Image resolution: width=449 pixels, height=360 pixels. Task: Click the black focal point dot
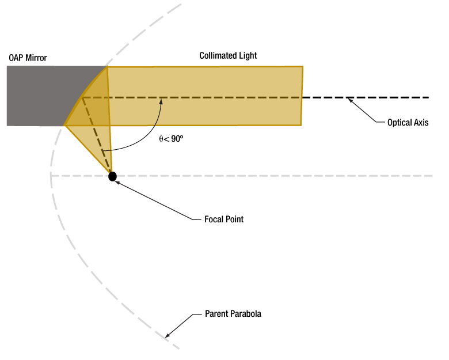click(x=113, y=176)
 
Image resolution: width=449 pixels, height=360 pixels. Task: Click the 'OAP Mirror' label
click(x=28, y=58)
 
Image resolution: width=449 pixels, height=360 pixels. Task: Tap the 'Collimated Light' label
click(x=228, y=56)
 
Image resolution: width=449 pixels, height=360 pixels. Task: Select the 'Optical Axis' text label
click(x=408, y=123)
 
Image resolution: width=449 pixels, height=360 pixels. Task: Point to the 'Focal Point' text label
click(x=224, y=219)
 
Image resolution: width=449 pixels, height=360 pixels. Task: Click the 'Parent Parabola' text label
click(x=233, y=314)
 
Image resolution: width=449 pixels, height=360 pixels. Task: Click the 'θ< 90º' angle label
click(x=171, y=139)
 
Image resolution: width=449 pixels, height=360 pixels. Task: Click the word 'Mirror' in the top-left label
click(x=36, y=58)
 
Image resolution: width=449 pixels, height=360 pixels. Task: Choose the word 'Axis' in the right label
click(x=421, y=123)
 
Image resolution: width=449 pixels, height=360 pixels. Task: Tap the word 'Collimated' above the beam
click(x=218, y=56)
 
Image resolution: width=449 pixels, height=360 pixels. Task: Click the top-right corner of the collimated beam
click(x=303, y=67)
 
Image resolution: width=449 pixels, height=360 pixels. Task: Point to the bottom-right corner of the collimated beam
click(x=300, y=124)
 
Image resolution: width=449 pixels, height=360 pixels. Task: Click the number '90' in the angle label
click(x=176, y=139)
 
